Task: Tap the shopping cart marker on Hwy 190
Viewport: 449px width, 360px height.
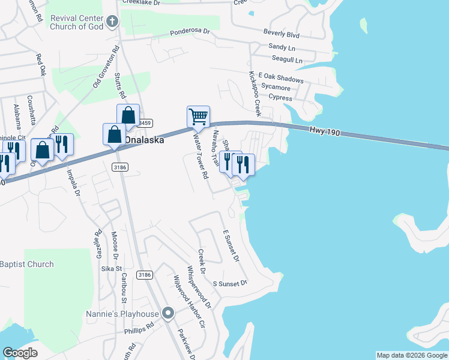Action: [198, 115]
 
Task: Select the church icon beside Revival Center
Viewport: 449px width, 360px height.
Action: [111, 22]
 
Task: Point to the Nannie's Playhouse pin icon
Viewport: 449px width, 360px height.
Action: [169, 313]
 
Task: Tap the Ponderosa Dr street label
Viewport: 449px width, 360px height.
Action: [189, 31]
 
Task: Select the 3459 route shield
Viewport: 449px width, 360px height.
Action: [145, 123]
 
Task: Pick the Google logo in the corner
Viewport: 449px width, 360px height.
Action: [20, 353]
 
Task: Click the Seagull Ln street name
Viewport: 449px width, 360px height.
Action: [287, 59]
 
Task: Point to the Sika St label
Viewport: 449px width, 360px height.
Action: [111, 269]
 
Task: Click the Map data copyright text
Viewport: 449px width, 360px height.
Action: [412, 355]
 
